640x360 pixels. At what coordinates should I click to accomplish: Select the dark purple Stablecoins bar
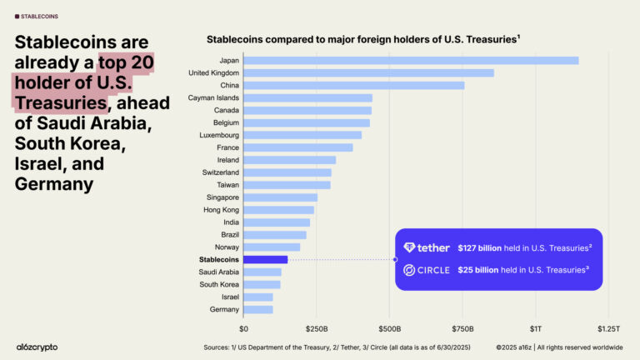click(265, 259)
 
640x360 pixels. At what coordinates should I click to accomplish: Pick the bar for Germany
click(257, 309)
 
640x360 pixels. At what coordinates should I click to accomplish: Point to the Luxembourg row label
click(218, 135)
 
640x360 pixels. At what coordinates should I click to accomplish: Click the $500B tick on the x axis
click(390, 327)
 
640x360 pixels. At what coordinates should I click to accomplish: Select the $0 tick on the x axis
click(243, 327)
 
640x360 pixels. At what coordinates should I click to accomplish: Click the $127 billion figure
click(478, 247)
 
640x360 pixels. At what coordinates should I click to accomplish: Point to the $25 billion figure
click(476, 270)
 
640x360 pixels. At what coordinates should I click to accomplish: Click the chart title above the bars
click(363, 39)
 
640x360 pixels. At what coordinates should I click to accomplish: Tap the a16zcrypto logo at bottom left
click(37, 347)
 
